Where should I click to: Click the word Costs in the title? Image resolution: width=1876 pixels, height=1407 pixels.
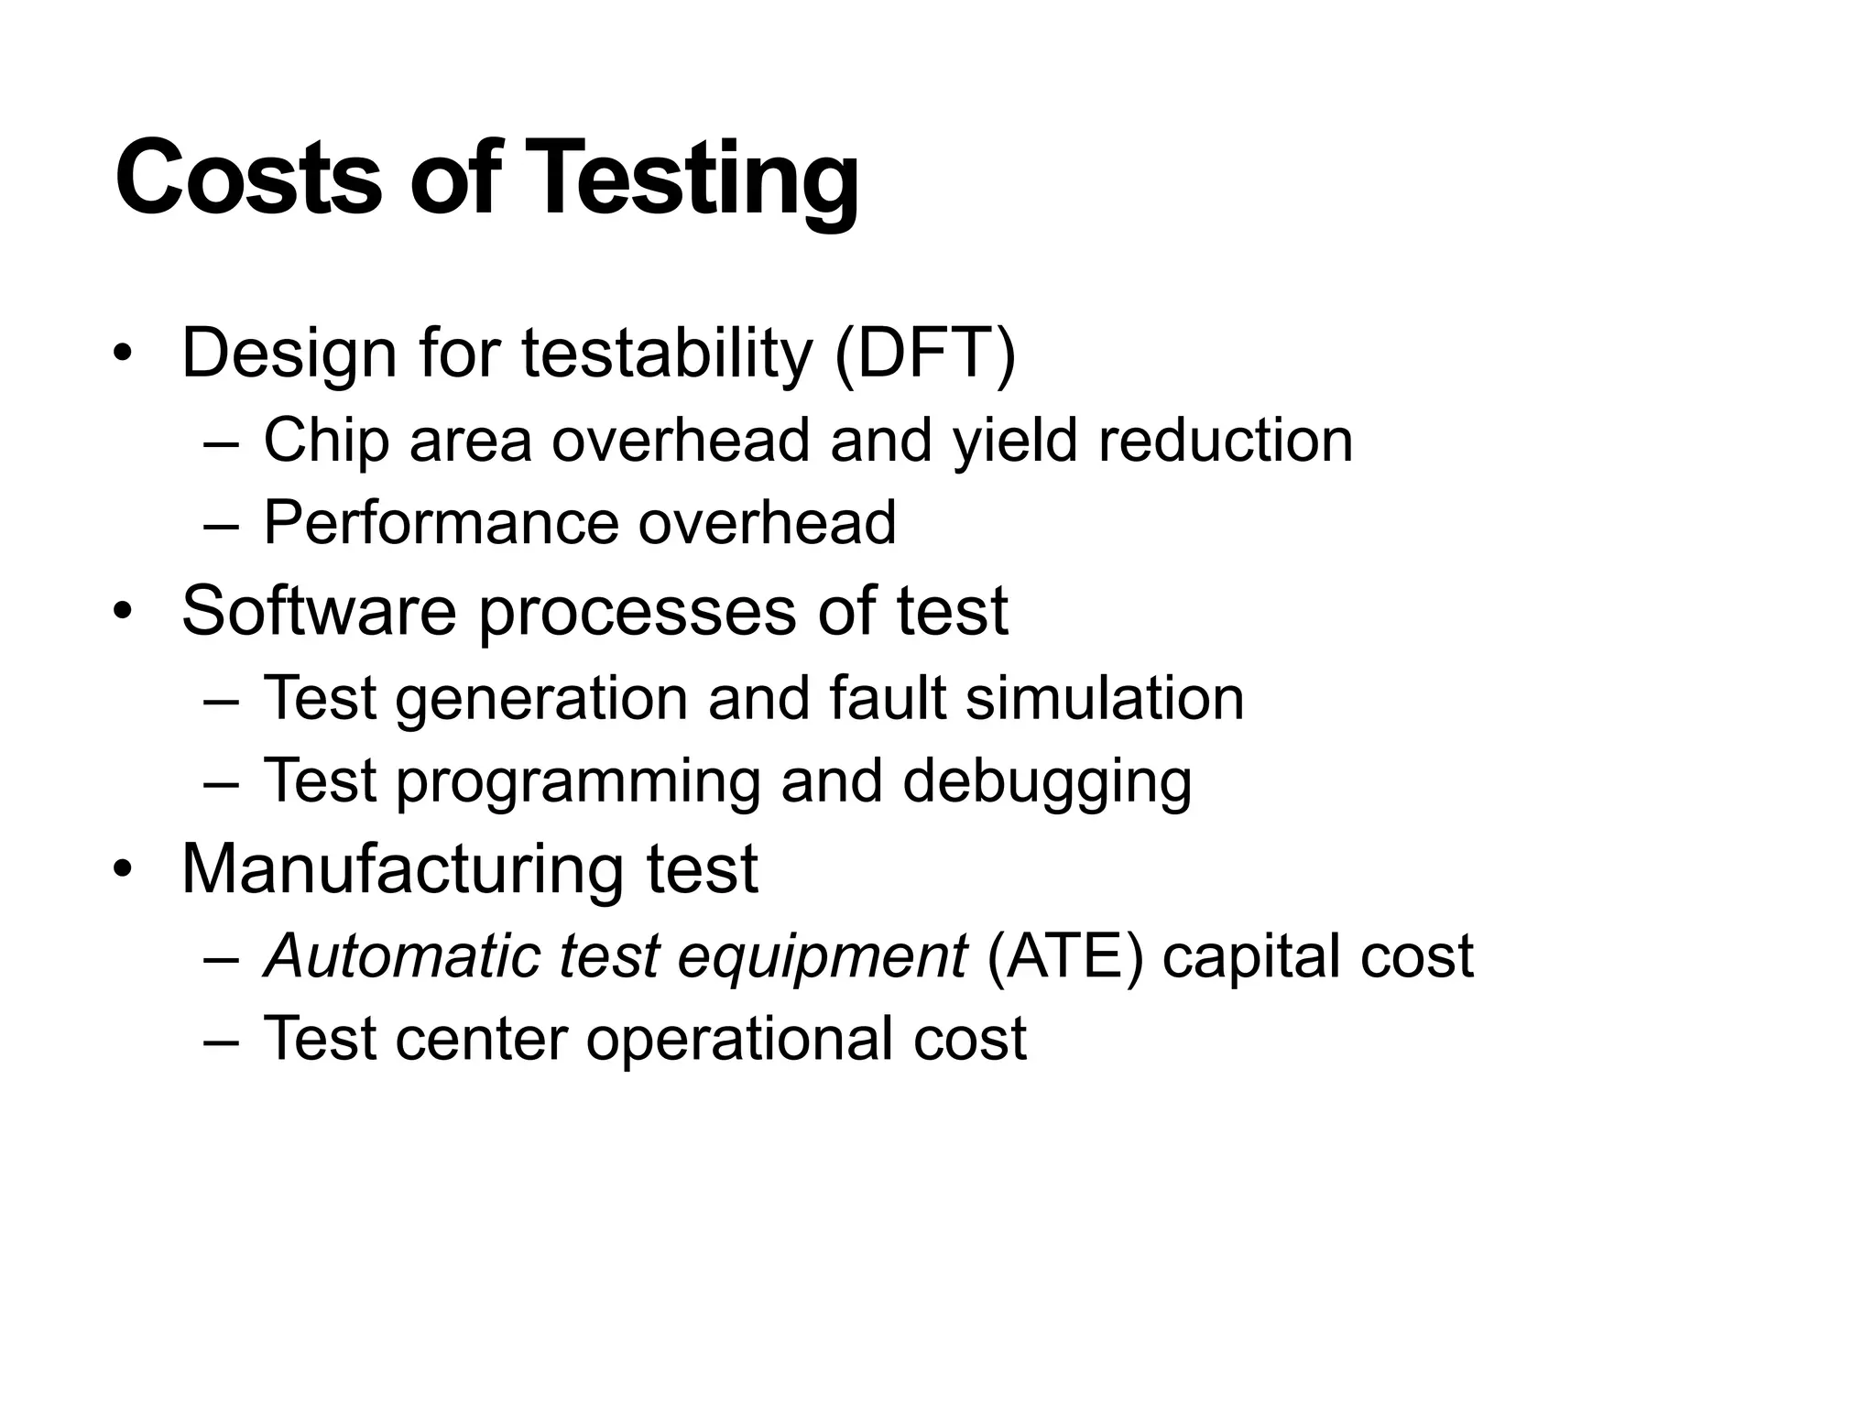coord(247,178)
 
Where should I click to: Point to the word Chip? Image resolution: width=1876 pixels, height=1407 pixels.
coord(326,440)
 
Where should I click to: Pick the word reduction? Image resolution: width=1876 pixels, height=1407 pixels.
coord(1225,440)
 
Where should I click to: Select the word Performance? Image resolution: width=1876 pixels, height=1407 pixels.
coord(440,522)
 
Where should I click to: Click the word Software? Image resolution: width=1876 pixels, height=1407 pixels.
coord(319,611)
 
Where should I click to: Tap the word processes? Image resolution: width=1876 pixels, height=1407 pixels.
coord(638,611)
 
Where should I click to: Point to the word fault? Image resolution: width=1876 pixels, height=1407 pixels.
coord(887,698)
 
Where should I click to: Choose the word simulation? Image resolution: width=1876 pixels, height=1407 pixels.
coord(1105,698)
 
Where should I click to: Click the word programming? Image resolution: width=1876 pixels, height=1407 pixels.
coord(578,781)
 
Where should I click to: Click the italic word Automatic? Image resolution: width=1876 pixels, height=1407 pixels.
coord(401,955)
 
